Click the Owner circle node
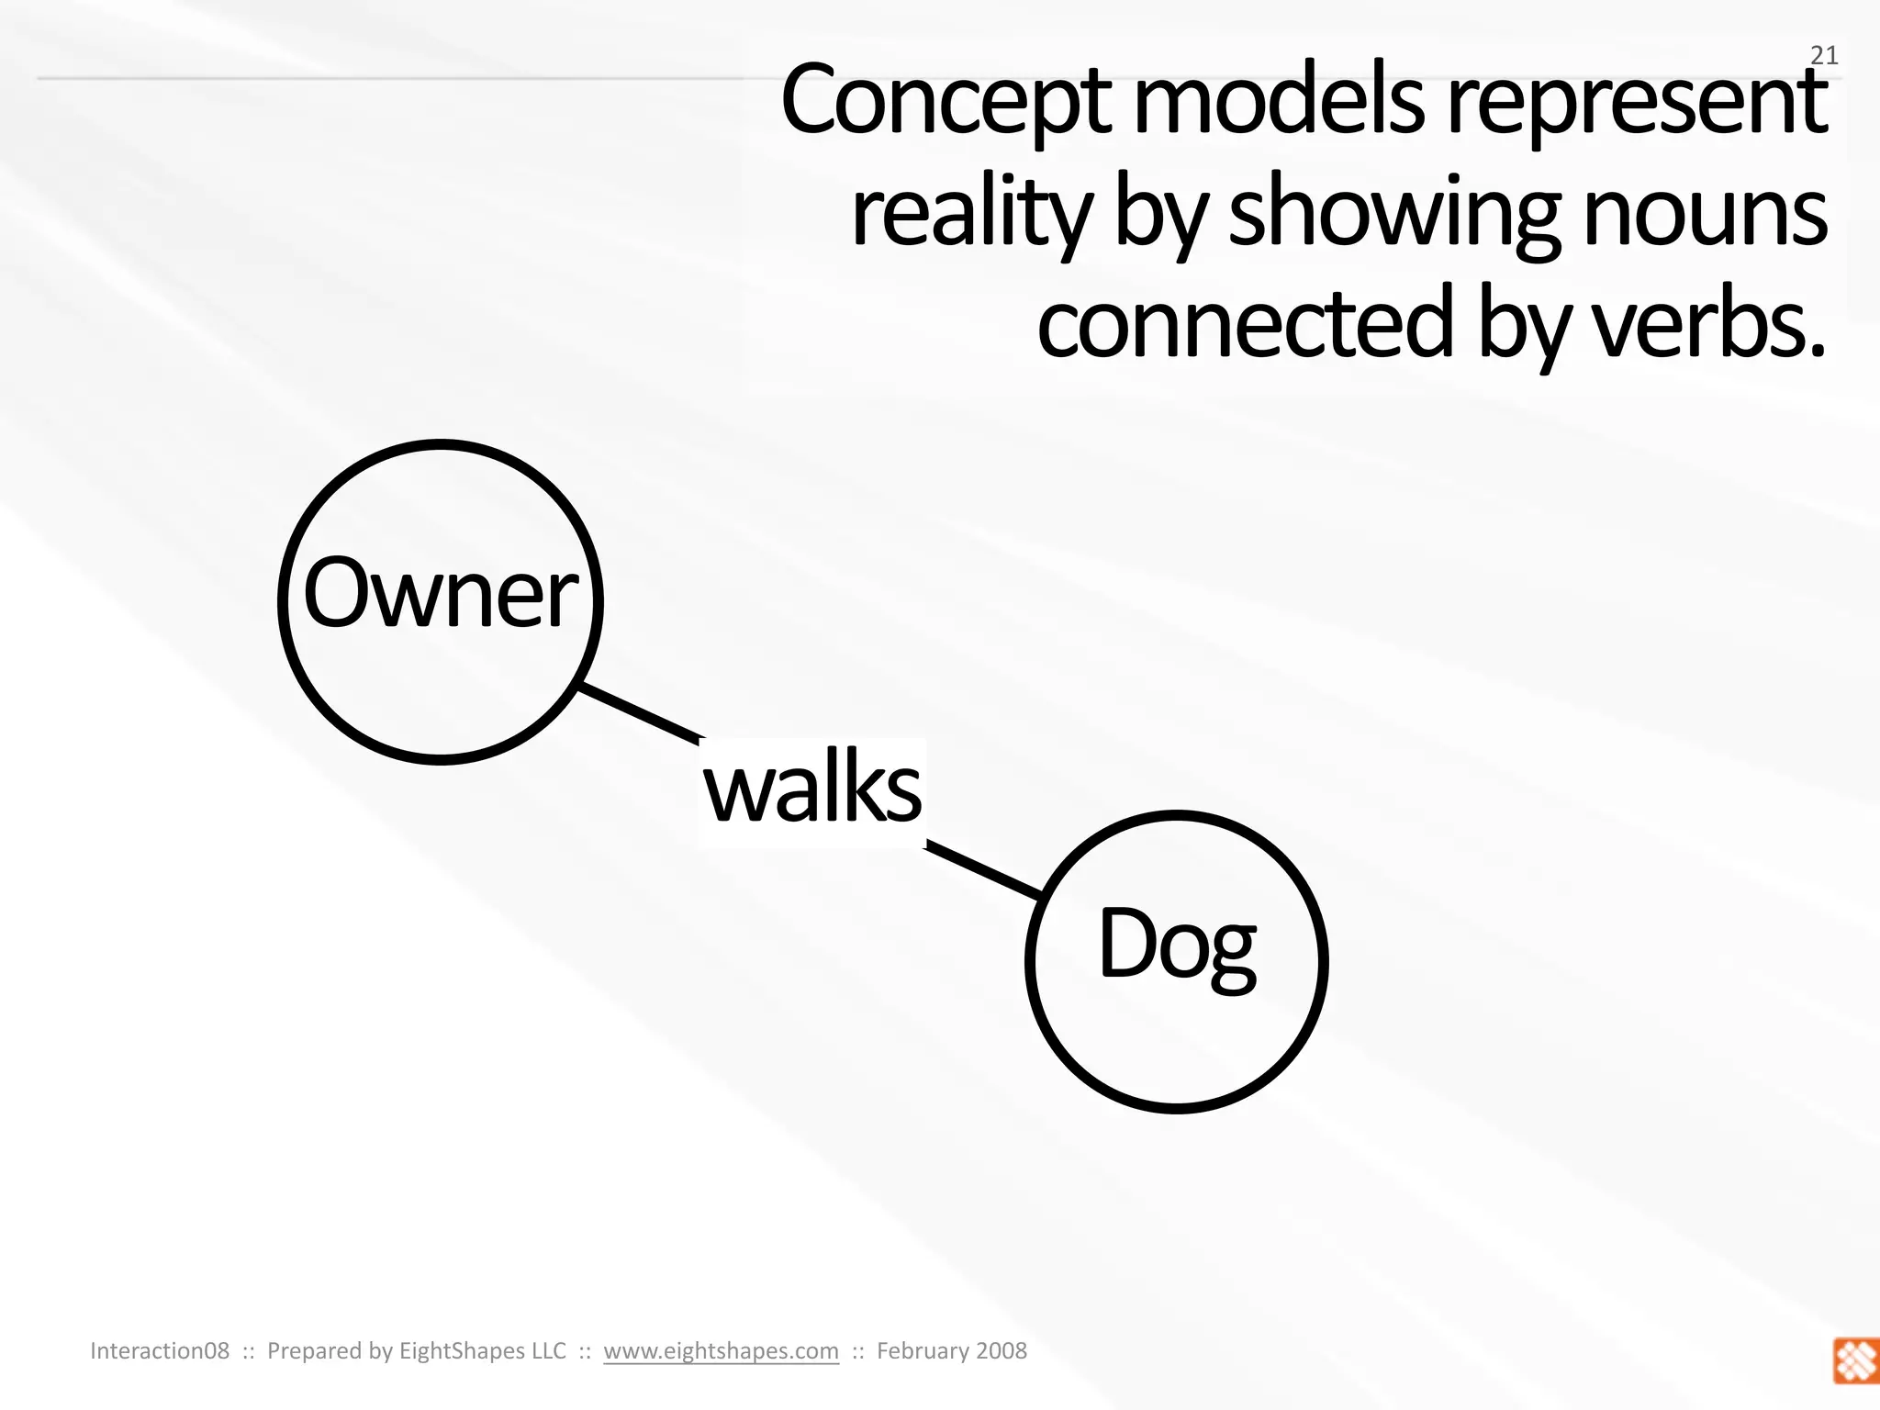[x=441, y=601]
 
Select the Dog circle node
[x=1177, y=961]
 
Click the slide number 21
[x=1823, y=56]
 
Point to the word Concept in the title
[x=946, y=101]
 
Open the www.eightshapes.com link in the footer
[x=721, y=1350]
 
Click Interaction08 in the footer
[x=160, y=1350]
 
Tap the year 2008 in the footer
[x=1001, y=1350]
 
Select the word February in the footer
[x=921, y=1350]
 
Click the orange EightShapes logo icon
[x=1855, y=1360]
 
